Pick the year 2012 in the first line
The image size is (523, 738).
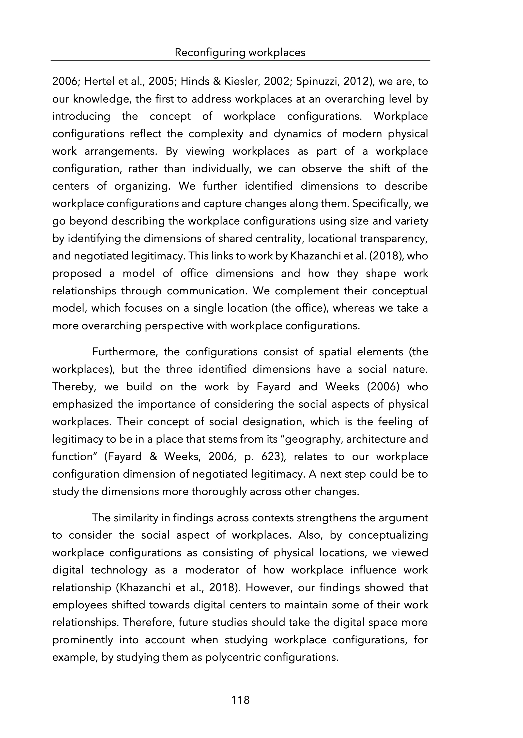[356, 82]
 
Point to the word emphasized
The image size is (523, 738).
[82, 404]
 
